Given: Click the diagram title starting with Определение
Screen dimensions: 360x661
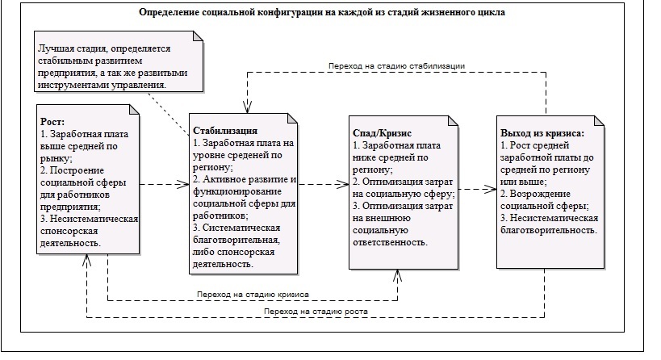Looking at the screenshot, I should pos(322,14).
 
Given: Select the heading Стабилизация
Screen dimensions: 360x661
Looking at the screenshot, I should pos(224,130).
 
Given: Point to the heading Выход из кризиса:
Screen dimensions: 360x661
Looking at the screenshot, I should pos(541,132).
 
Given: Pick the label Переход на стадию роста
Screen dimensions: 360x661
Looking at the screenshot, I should pos(321,312).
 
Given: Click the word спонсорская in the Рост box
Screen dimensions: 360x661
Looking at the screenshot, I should pos(69,230).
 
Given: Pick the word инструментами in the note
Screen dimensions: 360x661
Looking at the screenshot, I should pos(75,85).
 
